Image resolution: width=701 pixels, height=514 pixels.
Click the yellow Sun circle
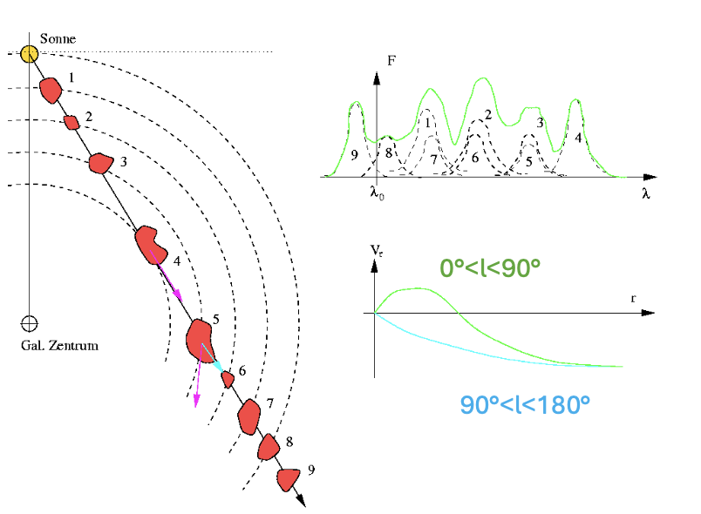[30, 55]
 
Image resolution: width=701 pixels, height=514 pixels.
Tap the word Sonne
[58, 39]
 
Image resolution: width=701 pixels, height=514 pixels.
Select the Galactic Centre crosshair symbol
[30, 323]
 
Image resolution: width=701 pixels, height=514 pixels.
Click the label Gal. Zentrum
[59, 346]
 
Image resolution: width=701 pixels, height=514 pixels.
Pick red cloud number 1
[51, 91]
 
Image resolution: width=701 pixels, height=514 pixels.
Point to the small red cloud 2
[71, 122]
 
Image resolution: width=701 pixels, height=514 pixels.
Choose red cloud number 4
[152, 245]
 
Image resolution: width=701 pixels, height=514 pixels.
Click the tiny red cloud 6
[228, 380]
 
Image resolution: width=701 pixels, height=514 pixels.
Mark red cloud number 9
[288, 480]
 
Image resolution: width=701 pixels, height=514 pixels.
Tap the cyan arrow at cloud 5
[213, 358]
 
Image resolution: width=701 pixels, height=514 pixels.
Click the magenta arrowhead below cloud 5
[196, 401]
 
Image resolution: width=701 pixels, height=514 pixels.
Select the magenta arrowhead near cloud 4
[178, 295]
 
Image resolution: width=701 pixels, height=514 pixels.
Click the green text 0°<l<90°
[490, 268]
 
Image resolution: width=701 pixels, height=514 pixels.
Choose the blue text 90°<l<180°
[525, 405]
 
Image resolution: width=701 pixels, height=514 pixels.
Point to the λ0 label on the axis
[377, 193]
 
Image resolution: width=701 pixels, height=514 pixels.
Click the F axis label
[391, 61]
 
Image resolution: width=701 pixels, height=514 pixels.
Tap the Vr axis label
[377, 251]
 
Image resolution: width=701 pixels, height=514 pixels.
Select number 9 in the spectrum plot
[355, 155]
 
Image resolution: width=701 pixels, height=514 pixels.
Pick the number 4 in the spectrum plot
[578, 138]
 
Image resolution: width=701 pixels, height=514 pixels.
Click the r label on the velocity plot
[633, 298]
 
